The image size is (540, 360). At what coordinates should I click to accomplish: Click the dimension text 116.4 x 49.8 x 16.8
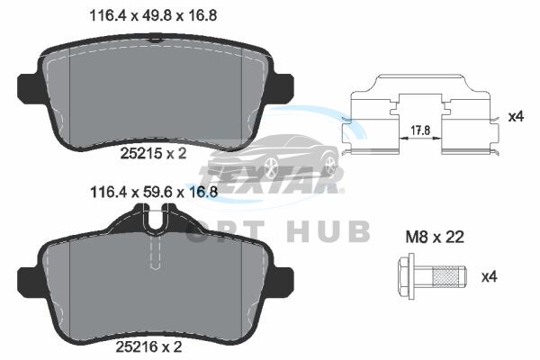coord(153,15)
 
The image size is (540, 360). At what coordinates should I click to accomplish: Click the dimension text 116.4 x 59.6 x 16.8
coord(154,192)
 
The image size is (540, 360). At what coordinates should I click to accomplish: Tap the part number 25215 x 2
coord(153,153)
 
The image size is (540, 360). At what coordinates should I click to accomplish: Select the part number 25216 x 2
coord(148,347)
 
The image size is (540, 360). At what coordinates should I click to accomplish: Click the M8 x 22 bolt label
coord(435,237)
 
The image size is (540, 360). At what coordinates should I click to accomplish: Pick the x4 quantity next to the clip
coord(516,116)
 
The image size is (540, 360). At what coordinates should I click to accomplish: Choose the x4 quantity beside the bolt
coord(489,276)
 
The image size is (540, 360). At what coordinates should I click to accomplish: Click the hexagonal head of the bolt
coord(406,276)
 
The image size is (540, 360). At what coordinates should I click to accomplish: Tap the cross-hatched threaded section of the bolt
coord(447,276)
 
